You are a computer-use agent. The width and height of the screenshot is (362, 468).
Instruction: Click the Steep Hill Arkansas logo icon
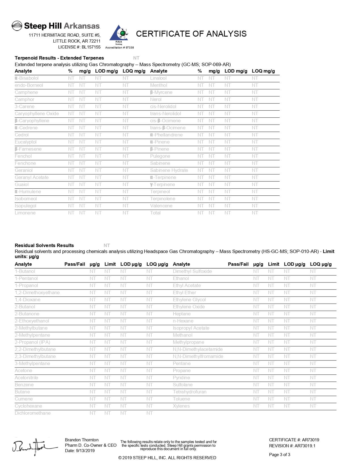pos(17,26)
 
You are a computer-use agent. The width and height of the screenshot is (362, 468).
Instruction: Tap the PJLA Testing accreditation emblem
pos(119,35)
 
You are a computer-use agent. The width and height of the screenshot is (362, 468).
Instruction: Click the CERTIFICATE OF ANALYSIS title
pos(191,34)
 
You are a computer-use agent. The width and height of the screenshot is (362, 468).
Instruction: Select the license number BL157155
pos(91,47)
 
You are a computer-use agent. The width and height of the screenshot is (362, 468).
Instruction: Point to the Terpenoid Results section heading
pos(59,58)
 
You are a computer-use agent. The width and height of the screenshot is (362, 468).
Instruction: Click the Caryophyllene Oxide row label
pos(37,114)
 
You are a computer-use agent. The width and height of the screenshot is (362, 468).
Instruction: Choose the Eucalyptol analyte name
pos(26,142)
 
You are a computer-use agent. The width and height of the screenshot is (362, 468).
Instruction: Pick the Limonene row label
pos(25,213)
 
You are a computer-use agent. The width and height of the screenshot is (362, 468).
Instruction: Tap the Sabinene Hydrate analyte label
pos(169,170)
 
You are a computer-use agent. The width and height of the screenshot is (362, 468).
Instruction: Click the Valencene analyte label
pos(161,206)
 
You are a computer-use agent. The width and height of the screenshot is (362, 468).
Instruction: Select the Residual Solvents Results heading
pos(44,246)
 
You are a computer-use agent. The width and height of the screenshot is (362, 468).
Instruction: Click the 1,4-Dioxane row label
pos(28,300)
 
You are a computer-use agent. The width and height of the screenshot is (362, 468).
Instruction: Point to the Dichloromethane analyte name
pos(33,413)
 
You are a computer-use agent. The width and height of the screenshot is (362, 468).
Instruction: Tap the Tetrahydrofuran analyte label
pos(189,392)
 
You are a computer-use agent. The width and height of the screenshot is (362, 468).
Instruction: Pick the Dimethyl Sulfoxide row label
pos(192,271)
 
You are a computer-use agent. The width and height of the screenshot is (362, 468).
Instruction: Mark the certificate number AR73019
pos(310,440)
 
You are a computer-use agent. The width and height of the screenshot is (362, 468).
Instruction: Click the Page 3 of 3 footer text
pos(279,455)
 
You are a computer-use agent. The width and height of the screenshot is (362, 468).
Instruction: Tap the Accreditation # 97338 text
pos(119,48)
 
